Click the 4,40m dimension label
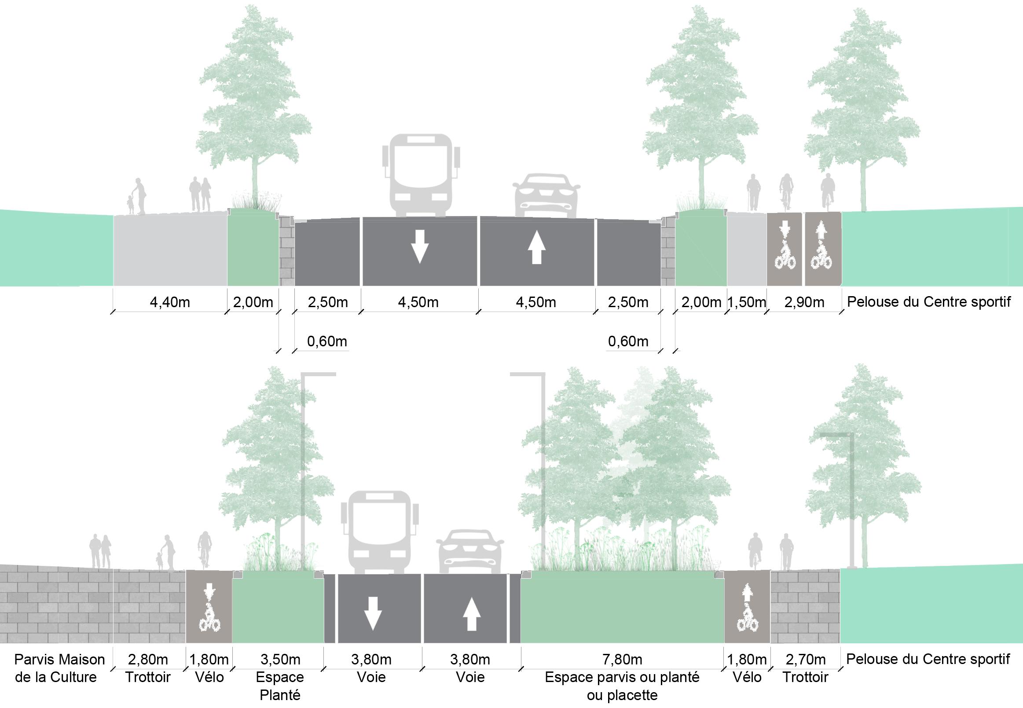pyautogui.click(x=170, y=303)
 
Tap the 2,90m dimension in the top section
pyautogui.click(x=804, y=303)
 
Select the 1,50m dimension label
pyautogui.click(x=747, y=303)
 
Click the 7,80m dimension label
pyautogui.click(x=623, y=660)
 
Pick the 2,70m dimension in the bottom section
pyautogui.click(x=806, y=660)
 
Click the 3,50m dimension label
pyautogui.click(x=280, y=660)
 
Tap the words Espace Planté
pyautogui.click(x=280, y=686)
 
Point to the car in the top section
pyautogui.click(x=546, y=196)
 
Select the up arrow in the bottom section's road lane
pyautogui.click(x=471, y=614)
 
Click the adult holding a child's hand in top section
pyautogui.click(x=139, y=196)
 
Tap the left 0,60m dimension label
pyautogui.click(x=327, y=341)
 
